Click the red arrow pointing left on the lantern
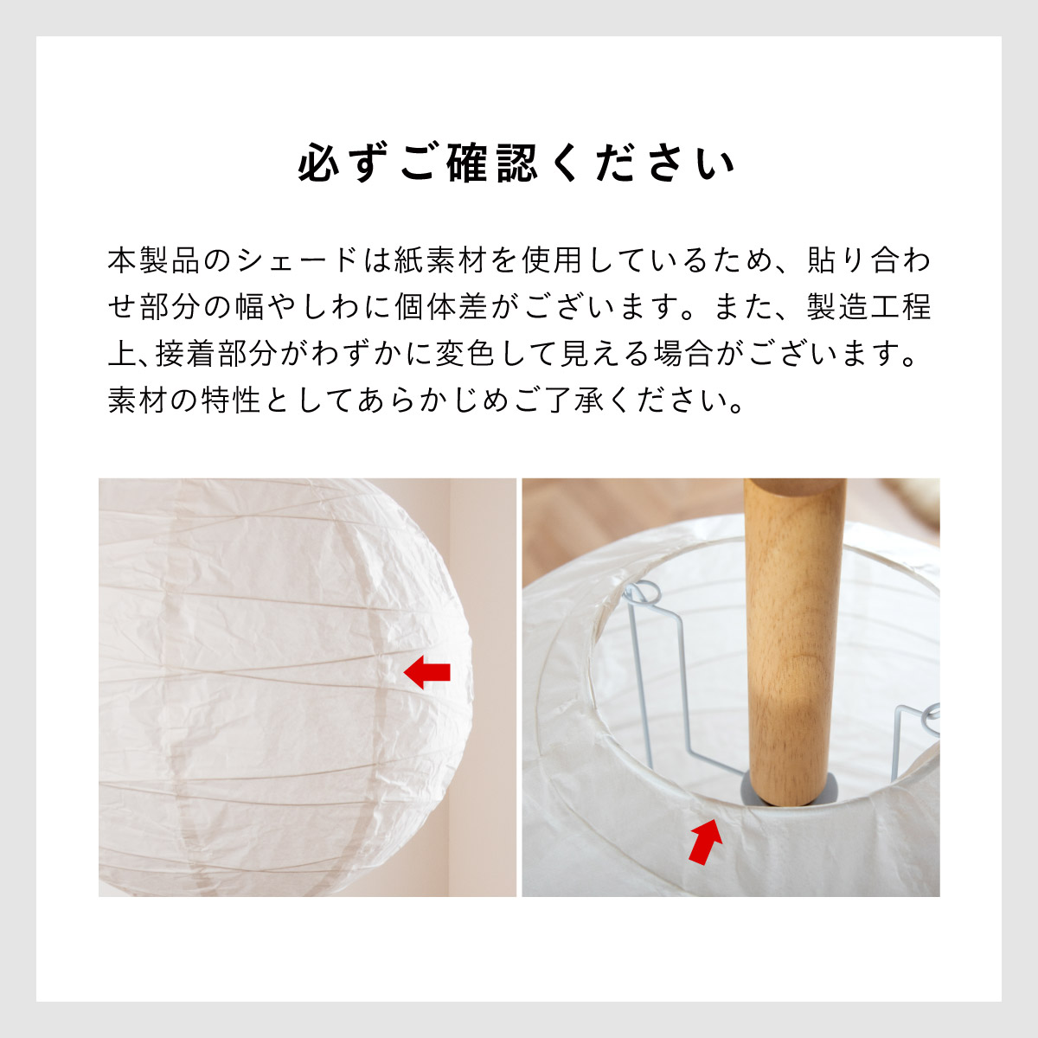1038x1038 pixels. click(x=426, y=672)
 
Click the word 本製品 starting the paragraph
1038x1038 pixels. click(x=154, y=260)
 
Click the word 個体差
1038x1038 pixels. click(x=441, y=307)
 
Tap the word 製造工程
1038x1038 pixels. click(x=868, y=307)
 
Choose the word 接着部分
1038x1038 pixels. click(x=216, y=354)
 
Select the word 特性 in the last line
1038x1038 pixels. click(x=231, y=400)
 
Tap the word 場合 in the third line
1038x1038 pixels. click(x=683, y=354)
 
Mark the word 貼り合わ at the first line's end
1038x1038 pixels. click(x=868, y=260)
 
